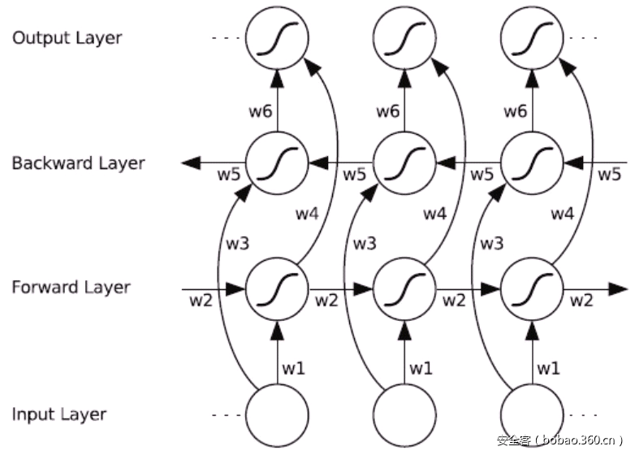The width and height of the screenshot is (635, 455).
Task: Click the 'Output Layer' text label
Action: click(67, 38)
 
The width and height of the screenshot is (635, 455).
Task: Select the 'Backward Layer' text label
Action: click(78, 163)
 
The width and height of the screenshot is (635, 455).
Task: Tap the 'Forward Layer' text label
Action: click(71, 287)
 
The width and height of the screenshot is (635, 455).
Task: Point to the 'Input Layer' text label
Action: click(59, 414)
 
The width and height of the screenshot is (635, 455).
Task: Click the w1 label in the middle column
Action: click(421, 368)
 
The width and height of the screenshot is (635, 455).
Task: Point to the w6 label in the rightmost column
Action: click(516, 111)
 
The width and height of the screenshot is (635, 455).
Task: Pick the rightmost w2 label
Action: click(581, 301)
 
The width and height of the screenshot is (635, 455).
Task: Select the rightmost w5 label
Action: click(609, 174)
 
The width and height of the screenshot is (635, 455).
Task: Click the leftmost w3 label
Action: click(238, 242)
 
